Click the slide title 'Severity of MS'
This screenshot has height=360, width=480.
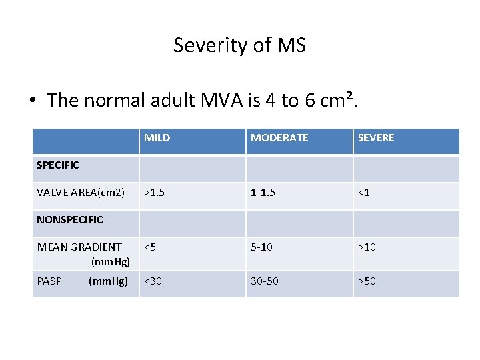(x=239, y=45)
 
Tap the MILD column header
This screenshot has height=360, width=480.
(x=157, y=138)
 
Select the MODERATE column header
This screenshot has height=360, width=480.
(x=279, y=138)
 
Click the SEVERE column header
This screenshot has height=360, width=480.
(x=376, y=138)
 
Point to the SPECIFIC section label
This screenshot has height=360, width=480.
(x=58, y=165)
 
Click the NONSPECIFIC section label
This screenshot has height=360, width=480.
(x=70, y=219)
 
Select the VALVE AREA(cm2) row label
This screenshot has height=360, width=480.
(x=81, y=193)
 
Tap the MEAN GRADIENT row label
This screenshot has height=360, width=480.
(x=80, y=247)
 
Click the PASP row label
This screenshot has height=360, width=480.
(x=50, y=281)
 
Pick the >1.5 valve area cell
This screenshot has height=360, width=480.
(x=154, y=193)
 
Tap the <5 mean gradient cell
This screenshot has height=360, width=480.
(x=150, y=247)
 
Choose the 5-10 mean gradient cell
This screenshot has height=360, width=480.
(x=261, y=247)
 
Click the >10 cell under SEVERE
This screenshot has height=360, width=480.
(x=367, y=247)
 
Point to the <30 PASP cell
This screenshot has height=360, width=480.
(x=153, y=281)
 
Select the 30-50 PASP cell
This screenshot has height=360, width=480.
(x=265, y=281)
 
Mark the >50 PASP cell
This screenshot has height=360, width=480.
(x=367, y=281)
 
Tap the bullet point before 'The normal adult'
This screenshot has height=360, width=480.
(x=33, y=101)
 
